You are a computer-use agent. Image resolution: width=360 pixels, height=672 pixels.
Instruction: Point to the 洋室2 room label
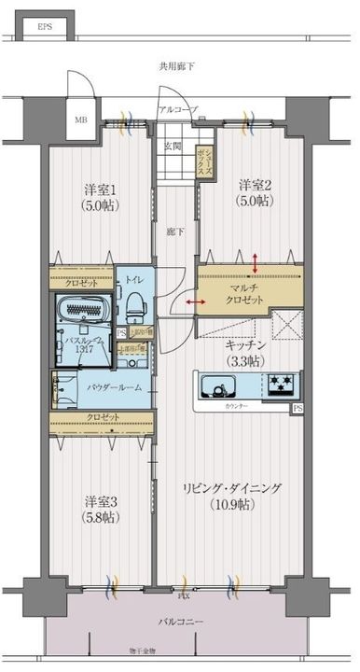coord(253,184)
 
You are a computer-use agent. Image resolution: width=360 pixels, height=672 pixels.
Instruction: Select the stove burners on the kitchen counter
coord(281,384)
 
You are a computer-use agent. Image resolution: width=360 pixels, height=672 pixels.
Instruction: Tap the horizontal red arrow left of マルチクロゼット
coord(196,302)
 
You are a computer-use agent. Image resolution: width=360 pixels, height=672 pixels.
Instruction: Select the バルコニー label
coord(180,623)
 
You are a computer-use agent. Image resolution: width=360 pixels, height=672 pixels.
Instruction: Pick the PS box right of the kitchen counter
coord(298,408)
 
